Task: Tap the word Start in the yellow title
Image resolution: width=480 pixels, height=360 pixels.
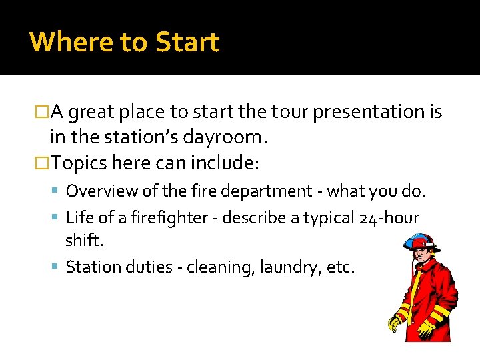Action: (187, 42)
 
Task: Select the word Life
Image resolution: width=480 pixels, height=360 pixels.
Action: (78, 218)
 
